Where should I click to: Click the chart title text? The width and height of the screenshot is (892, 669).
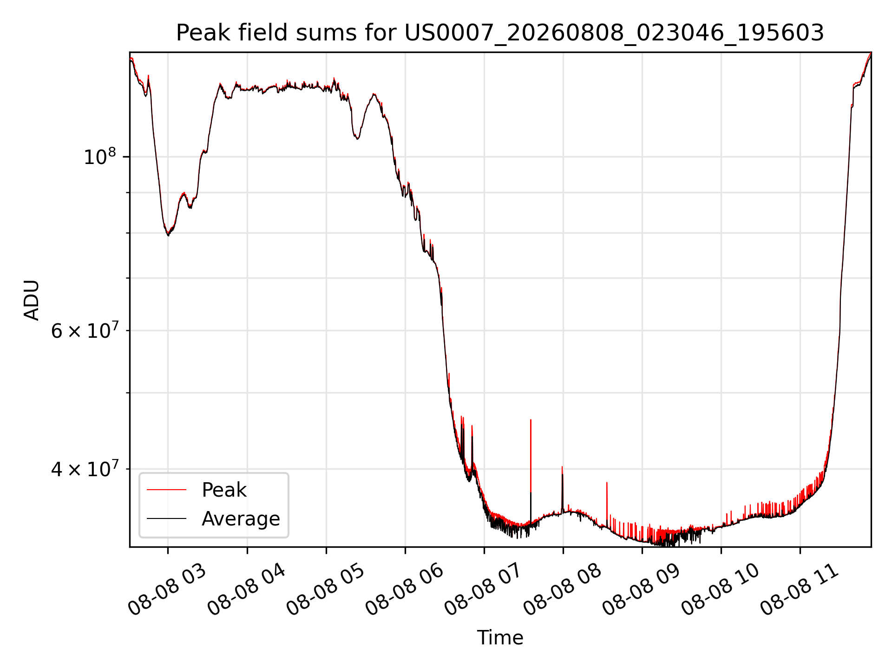500,33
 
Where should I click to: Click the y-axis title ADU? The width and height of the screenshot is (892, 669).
32,300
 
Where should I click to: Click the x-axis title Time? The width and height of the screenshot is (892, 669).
500,638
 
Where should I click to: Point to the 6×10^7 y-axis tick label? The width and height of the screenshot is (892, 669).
85,330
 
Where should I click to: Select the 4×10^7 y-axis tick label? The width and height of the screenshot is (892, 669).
85,468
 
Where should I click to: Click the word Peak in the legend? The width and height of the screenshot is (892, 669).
224,490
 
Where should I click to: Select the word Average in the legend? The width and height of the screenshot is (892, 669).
241,519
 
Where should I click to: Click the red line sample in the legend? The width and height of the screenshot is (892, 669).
166,490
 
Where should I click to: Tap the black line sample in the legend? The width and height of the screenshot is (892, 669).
166,518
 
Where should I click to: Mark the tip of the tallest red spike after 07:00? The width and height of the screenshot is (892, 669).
531,420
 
